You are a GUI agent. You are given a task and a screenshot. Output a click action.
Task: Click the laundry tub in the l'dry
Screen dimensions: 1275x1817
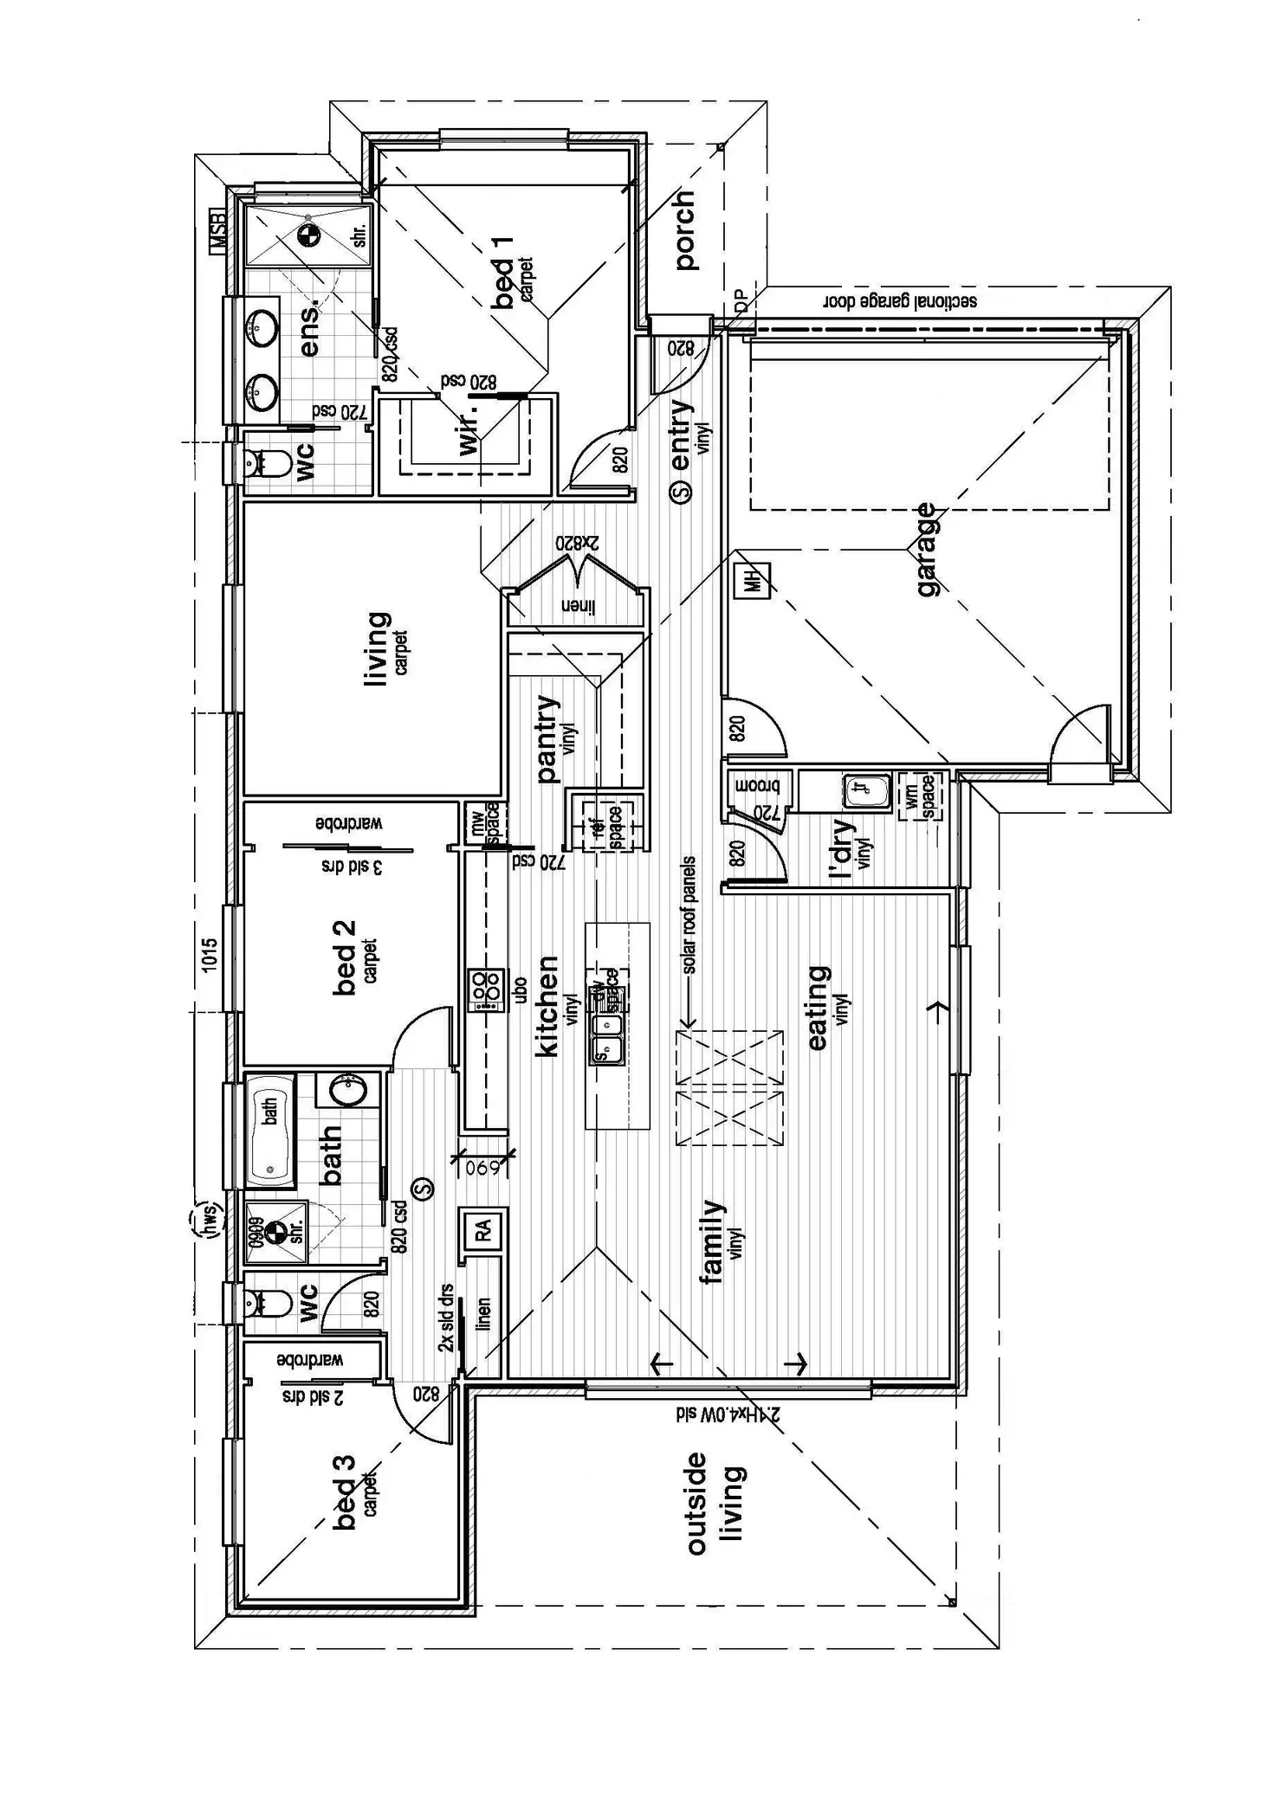coord(867,789)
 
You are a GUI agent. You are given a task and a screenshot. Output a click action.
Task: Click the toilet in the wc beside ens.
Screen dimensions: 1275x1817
coord(266,466)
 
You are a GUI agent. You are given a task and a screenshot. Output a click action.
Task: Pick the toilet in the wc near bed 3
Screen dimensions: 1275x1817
coord(266,1303)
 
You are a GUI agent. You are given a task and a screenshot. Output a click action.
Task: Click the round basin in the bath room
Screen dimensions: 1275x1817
coord(350,1091)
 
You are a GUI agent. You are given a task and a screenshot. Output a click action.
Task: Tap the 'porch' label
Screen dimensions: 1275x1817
coord(684,231)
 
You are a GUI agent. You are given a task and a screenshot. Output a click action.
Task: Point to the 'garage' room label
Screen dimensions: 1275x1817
coord(926,549)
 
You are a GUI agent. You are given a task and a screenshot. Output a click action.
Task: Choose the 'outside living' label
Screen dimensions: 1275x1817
coord(714,1503)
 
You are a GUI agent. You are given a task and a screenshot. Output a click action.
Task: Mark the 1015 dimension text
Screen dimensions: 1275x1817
coord(210,955)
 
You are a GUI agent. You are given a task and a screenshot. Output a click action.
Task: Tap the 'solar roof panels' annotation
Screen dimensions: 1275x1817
coord(689,915)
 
